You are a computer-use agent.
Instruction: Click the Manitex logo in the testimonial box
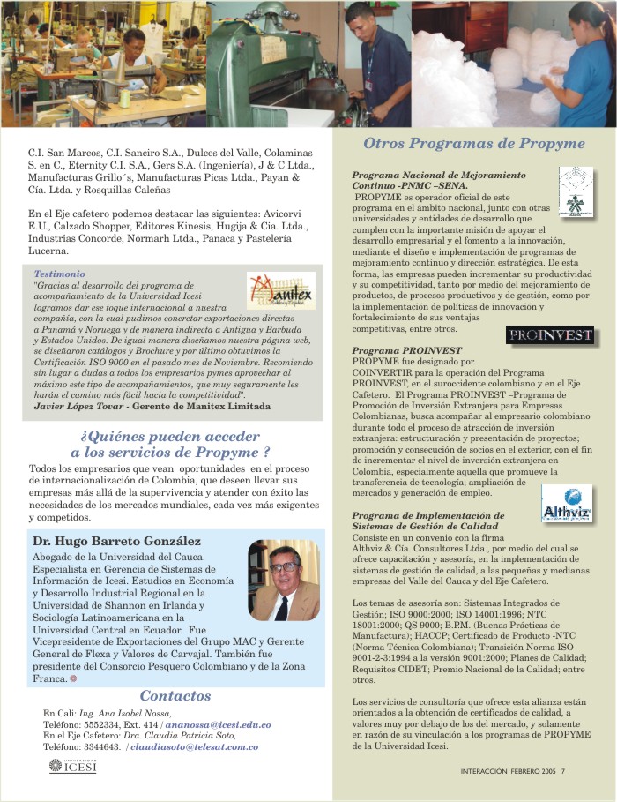coord(281,290)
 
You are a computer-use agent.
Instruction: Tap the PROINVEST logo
coord(550,336)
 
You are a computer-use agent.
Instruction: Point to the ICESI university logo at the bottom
coord(72,766)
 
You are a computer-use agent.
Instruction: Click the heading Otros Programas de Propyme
coord(474,144)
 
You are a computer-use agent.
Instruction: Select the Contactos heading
coord(175,696)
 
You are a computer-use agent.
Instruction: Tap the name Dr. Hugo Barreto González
coord(116,541)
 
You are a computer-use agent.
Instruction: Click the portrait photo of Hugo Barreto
coord(283,581)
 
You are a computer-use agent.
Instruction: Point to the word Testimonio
coord(59,274)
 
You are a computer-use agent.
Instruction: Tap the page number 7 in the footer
coord(562,770)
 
